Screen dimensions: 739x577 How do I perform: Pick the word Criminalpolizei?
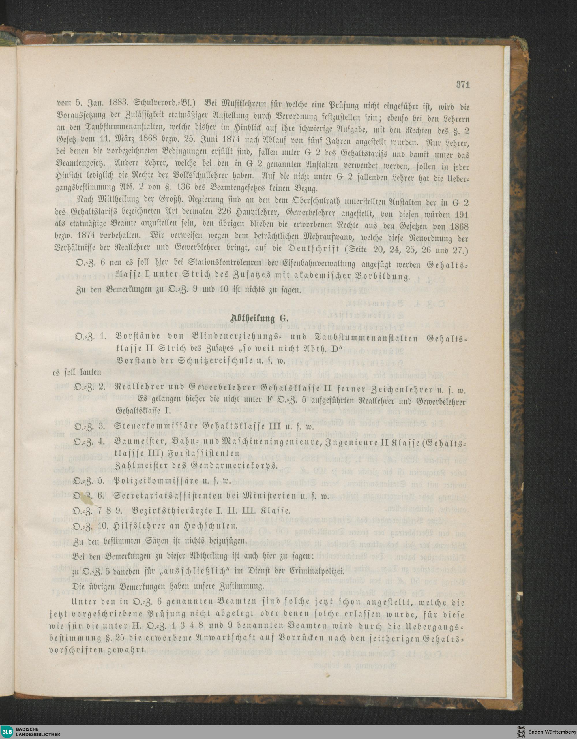312,572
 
